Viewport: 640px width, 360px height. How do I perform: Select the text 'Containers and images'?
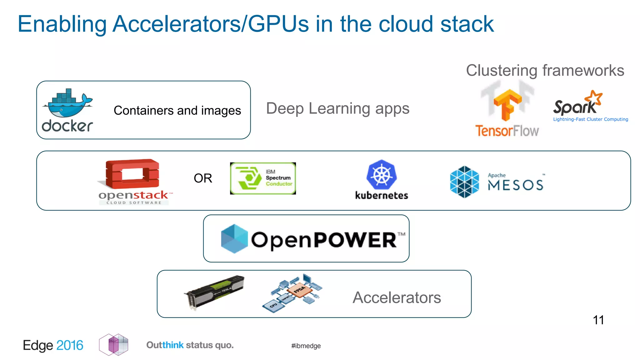click(x=177, y=111)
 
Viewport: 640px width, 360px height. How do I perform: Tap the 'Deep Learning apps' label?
click(x=337, y=108)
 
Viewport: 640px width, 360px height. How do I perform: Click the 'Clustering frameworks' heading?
click(x=545, y=70)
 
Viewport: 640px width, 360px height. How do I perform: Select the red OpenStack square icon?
click(x=132, y=174)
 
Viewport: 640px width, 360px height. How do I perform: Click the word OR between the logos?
click(x=203, y=178)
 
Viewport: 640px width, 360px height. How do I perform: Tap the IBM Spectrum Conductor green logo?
click(x=262, y=178)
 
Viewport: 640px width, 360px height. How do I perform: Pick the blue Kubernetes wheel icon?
click(x=381, y=175)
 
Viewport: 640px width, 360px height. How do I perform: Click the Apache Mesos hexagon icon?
click(x=464, y=182)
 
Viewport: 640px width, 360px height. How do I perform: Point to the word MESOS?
click(x=516, y=185)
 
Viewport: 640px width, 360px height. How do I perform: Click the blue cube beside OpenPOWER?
click(x=234, y=238)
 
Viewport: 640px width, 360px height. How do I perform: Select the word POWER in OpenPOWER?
click(x=355, y=240)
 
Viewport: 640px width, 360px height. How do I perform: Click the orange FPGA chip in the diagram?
click(x=299, y=290)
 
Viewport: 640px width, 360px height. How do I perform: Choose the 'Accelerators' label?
click(x=397, y=297)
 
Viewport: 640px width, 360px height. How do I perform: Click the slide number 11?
click(x=598, y=320)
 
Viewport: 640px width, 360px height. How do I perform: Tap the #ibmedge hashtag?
click(x=306, y=346)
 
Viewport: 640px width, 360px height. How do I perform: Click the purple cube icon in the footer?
click(x=114, y=345)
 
